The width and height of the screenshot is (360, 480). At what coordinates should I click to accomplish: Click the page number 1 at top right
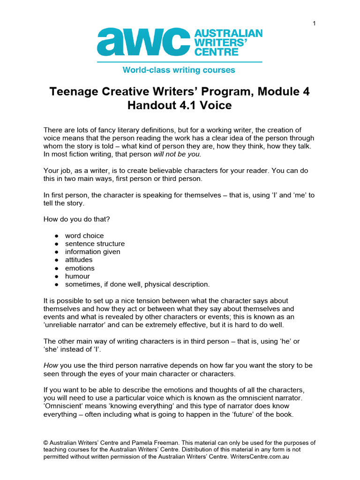tap(314, 23)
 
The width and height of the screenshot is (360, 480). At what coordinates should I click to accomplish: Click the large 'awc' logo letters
tap(140, 42)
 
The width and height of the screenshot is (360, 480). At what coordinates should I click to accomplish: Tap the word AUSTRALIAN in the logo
tap(228, 34)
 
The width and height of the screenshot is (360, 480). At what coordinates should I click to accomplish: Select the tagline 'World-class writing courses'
tap(179, 70)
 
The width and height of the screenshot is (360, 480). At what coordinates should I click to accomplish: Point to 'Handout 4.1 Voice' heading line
tap(180, 105)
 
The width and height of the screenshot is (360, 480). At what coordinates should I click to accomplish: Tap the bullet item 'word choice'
tap(84, 235)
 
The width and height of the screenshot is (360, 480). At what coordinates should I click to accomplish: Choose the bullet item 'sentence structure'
tap(95, 244)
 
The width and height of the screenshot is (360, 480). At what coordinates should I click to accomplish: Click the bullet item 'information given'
tap(92, 252)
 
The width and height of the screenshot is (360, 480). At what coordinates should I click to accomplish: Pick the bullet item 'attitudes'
tap(79, 260)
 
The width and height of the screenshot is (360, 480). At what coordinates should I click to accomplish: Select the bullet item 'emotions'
tap(80, 268)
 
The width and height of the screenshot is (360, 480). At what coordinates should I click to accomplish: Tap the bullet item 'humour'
tap(77, 276)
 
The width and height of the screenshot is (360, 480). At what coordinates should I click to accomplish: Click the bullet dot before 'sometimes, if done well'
tap(56, 285)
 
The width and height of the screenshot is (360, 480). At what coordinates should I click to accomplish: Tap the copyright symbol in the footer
tap(46, 443)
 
